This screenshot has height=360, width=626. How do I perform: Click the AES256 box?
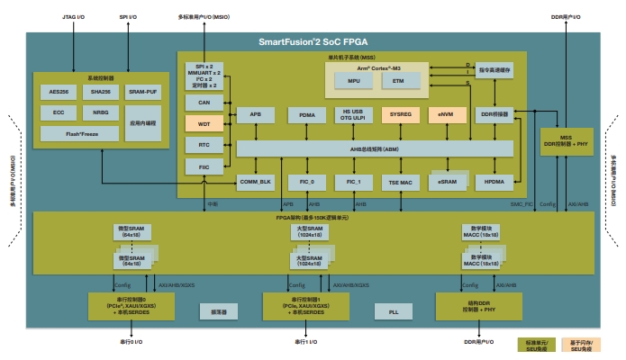pyautogui.click(x=57, y=93)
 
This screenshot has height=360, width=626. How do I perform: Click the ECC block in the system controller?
pyautogui.click(x=57, y=113)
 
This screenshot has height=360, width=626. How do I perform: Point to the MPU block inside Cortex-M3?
pyautogui.click(x=353, y=82)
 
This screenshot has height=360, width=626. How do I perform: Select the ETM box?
pyautogui.click(x=399, y=82)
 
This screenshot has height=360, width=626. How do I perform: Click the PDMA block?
pyautogui.click(x=302, y=115)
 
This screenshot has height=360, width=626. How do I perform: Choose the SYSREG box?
pyautogui.click(x=399, y=115)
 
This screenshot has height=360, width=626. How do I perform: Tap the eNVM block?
pyautogui.click(x=446, y=115)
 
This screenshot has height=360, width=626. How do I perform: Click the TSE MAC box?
pyautogui.click(x=399, y=182)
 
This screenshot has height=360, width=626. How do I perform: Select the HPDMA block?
pyautogui.click(x=494, y=182)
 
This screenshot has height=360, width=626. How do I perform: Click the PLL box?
pyautogui.click(x=393, y=311)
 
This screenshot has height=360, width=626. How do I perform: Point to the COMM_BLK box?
pyautogui.click(x=255, y=182)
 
